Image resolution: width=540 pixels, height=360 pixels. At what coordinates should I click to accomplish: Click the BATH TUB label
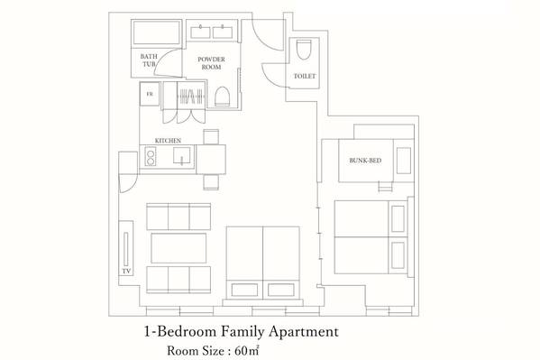click(x=149, y=60)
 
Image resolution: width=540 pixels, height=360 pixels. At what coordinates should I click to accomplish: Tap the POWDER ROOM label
click(x=211, y=63)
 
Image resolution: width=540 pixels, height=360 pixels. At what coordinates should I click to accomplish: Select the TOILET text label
click(x=305, y=76)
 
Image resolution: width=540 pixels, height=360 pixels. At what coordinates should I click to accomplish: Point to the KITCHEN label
click(x=168, y=141)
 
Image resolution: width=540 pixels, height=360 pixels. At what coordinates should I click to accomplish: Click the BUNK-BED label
click(x=365, y=161)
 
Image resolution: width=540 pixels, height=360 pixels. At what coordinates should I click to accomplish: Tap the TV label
click(x=126, y=272)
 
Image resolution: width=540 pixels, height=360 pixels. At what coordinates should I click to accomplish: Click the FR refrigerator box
click(x=150, y=94)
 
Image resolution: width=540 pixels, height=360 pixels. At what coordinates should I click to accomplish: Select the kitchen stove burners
click(x=151, y=156)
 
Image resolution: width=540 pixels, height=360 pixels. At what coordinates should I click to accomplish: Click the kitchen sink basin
click(x=181, y=155)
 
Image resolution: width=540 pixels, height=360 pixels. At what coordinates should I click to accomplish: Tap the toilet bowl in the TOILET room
click(x=304, y=50)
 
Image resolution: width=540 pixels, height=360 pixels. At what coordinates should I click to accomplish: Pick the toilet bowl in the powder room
click(x=222, y=97)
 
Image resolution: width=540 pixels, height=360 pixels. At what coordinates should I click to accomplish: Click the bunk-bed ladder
click(x=385, y=186)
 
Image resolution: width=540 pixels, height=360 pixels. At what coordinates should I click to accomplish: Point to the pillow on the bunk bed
click(x=404, y=161)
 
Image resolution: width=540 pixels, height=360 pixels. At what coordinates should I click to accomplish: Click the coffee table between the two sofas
click(x=178, y=248)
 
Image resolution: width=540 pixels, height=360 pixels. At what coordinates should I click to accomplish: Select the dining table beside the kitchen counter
click(x=211, y=160)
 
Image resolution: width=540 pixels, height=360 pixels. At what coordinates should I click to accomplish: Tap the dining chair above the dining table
click(x=211, y=137)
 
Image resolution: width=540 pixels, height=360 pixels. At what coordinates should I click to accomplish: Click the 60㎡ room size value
click(x=247, y=351)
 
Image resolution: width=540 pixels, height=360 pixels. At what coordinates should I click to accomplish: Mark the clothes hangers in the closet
click(x=191, y=96)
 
